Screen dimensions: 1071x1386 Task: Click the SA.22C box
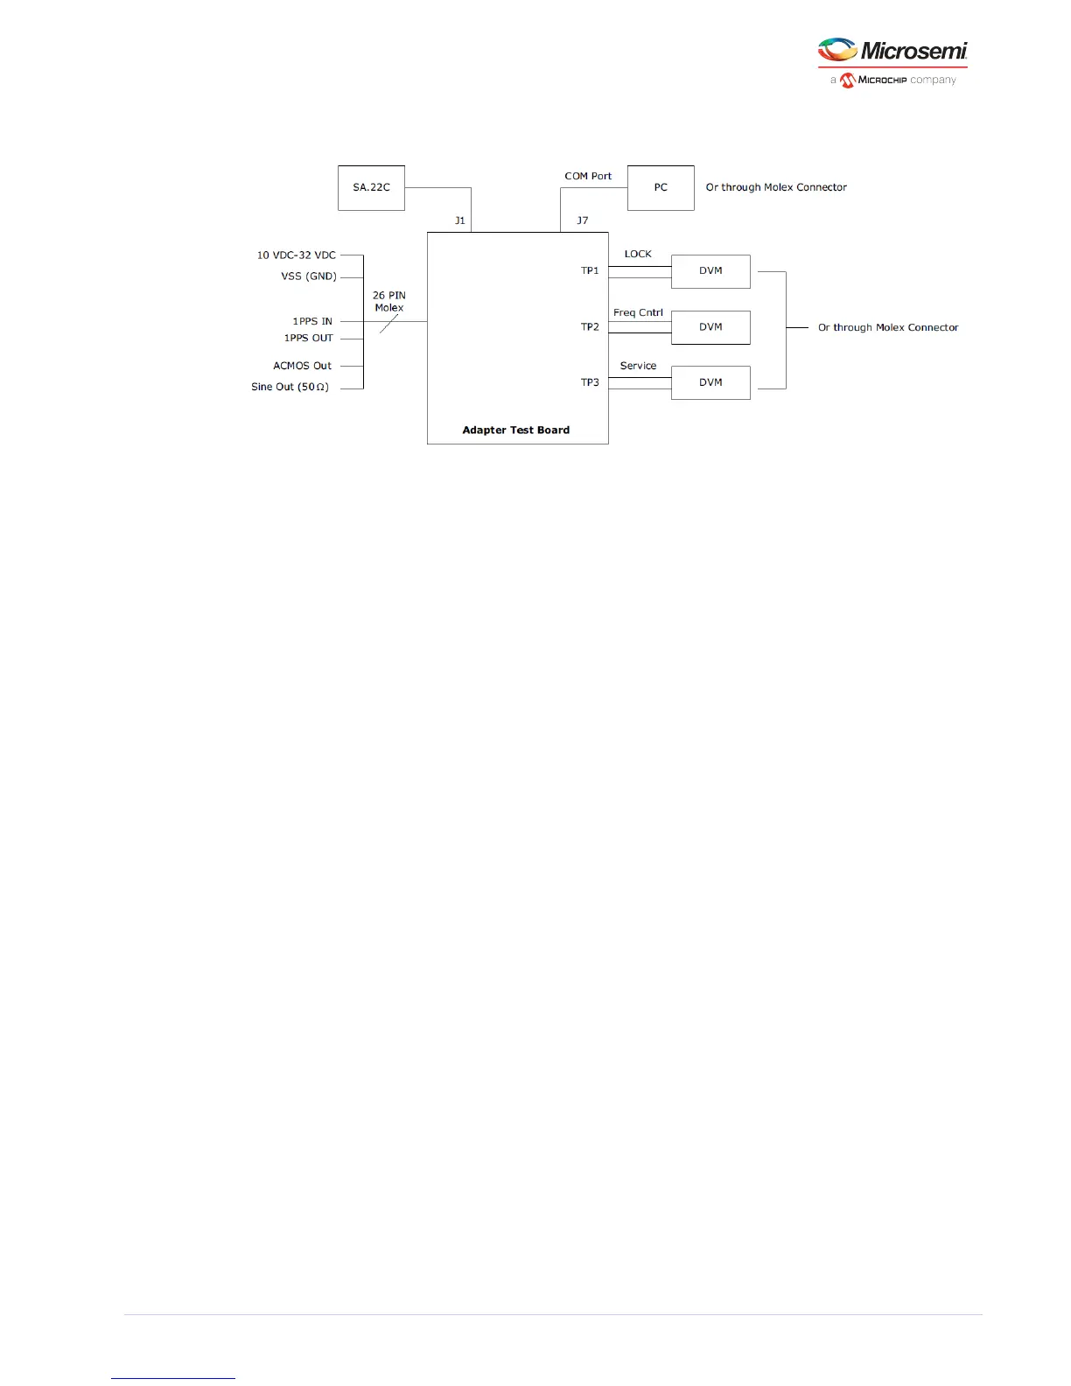tap(371, 187)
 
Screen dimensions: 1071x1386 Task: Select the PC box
tap(661, 187)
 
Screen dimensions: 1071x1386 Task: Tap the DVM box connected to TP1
tap(710, 271)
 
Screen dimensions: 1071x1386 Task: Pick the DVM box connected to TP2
tap(710, 327)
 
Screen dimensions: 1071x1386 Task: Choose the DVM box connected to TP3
tap(710, 382)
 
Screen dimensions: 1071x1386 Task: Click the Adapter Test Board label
tap(515, 430)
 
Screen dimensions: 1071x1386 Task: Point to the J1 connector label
tap(459, 220)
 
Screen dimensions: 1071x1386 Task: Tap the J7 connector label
tap(583, 220)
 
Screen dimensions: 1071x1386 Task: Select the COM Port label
tap(588, 176)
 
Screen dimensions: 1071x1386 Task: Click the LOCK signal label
tap(638, 254)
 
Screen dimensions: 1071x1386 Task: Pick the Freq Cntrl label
tap(638, 312)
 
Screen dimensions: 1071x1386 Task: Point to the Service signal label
tap(638, 366)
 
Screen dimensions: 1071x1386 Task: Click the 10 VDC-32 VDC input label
tap(296, 255)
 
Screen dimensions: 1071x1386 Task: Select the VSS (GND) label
tap(308, 276)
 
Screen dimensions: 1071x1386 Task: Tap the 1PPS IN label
tap(312, 321)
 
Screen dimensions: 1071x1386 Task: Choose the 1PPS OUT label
tap(308, 338)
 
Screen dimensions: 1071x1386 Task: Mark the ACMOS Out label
tap(302, 366)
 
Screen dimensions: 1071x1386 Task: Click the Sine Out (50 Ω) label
tap(290, 387)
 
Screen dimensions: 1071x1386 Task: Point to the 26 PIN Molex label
tap(389, 302)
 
